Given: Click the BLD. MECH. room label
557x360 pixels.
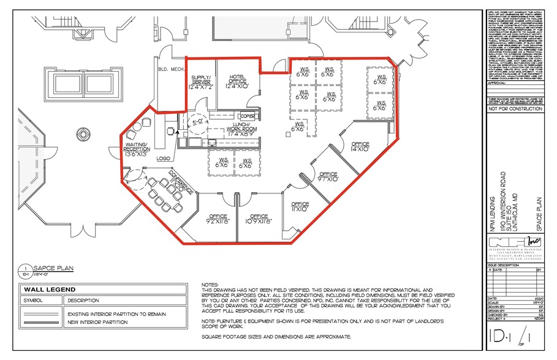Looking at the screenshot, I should [x=167, y=69].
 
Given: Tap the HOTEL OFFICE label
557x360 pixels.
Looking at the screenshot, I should [x=237, y=81].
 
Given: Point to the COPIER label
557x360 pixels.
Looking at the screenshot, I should [x=248, y=116].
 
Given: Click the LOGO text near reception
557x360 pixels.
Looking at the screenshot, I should [x=162, y=159].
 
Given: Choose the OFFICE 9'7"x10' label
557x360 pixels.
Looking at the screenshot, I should [x=328, y=177].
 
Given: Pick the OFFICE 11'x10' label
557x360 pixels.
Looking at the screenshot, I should [x=300, y=206].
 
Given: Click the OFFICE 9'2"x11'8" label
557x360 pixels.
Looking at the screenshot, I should [x=218, y=219].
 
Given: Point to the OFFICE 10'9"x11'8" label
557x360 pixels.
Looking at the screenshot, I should [x=259, y=219].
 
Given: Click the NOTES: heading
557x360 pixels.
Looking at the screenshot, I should [x=209, y=285].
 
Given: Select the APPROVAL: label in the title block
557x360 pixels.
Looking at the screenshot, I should [x=496, y=82].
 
